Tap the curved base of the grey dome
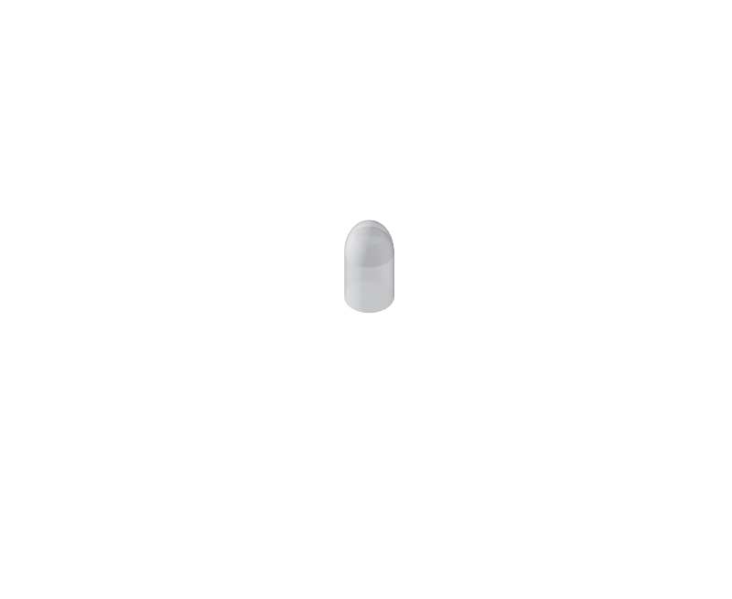tap(369, 305)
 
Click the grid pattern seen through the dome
tap(369, 270)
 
